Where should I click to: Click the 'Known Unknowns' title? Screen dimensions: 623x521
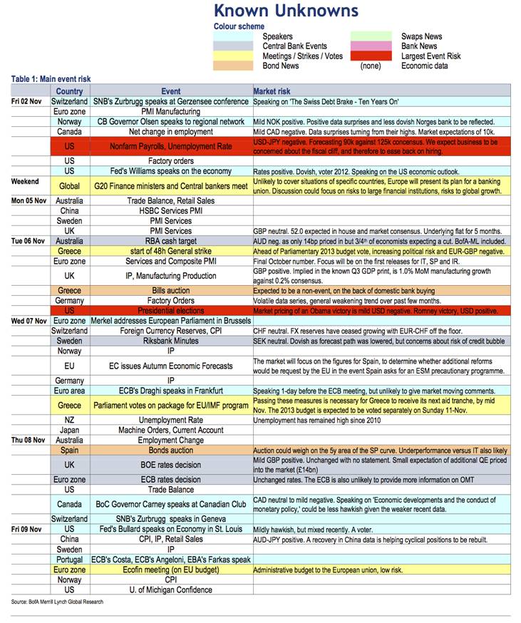coord(286,11)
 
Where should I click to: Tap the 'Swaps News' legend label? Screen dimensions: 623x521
coord(422,36)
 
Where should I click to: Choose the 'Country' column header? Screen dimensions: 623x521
coord(69,91)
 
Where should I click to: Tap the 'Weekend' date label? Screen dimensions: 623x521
coord(25,182)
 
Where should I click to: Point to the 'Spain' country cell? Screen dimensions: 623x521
coord(69,451)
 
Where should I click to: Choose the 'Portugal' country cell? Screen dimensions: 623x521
coord(69,560)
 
